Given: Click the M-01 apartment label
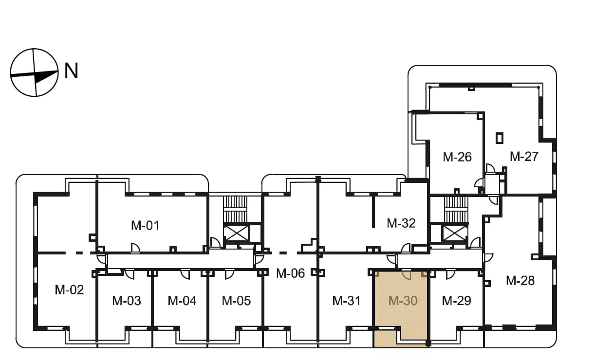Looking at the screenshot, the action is point(145,225).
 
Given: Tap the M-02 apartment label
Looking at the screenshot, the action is point(69,290).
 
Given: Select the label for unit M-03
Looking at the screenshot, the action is point(127,301).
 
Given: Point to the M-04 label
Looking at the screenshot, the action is point(182,301).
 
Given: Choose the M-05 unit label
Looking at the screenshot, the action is point(236,301).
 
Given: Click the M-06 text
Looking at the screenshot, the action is point(290,273).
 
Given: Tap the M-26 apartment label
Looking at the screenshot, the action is point(457,157).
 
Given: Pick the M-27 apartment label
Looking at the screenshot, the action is point(524,156).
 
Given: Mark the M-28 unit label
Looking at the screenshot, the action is point(520,281).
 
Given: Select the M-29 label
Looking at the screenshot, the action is point(456,301).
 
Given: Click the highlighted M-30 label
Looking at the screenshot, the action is point(403,301).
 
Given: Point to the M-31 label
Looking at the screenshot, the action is point(346,301).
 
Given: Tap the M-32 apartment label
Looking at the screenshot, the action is point(401,223).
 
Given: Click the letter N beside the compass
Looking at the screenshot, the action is point(72,71).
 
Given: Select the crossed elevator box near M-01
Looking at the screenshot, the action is point(236,234).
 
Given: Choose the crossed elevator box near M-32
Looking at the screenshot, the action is point(455,234).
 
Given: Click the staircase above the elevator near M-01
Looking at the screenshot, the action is point(235,209).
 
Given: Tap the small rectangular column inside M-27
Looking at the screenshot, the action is point(500,138).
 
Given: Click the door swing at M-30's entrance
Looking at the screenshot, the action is point(406,275).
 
